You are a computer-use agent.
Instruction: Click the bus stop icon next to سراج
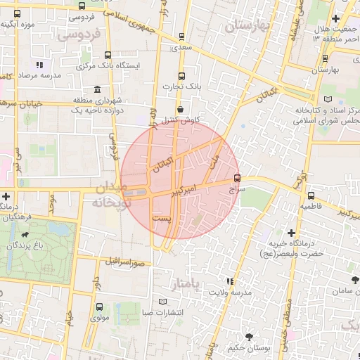click(x=237, y=178)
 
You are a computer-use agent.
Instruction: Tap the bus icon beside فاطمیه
click(x=311, y=196)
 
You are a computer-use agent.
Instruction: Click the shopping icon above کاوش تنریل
click(x=181, y=109)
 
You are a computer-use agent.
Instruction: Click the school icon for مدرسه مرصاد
click(x=39, y=65)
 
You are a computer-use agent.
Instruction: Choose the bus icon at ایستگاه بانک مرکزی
click(x=108, y=54)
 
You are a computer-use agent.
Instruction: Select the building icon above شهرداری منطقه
click(x=96, y=89)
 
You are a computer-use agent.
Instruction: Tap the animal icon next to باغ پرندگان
click(x=26, y=235)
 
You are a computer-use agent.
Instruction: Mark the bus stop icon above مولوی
click(x=98, y=307)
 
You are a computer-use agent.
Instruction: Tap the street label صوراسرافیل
click(x=126, y=262)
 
